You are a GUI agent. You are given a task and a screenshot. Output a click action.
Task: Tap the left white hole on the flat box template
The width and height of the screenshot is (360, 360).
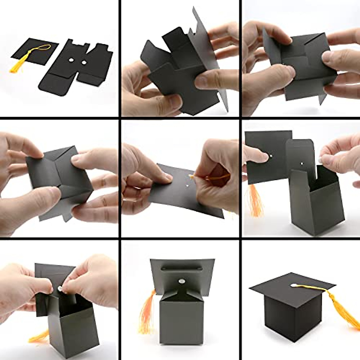click(71, 61)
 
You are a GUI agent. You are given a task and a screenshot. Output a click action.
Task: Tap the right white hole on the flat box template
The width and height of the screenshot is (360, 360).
click(84, 63)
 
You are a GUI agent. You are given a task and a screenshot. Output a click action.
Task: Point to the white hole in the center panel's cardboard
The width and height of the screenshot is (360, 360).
click(187, 185)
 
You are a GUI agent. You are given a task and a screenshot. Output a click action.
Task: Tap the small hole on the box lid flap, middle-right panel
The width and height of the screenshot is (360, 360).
click(302, 164)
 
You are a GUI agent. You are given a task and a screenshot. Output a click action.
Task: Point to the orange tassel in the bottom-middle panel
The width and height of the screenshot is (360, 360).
click(147, 312)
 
